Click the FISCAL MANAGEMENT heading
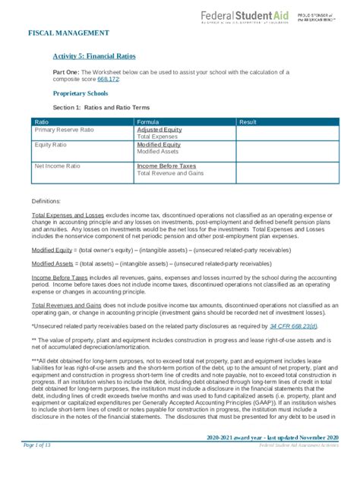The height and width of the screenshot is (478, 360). tap(68, 33)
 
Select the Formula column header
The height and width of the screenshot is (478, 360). tap(147, 122)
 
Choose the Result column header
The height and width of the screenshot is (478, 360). tap(248, 122)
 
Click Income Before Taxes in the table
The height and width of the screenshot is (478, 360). tap(166, 165)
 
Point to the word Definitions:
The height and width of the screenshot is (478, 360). tap(45, 201)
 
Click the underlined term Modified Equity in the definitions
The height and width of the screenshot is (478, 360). tap(52, 249)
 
